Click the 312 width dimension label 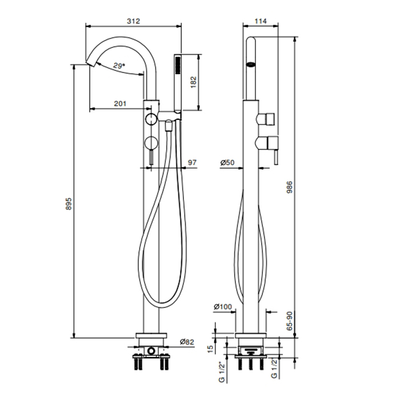pyautogui.click(x=133, y=21)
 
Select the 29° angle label pyautogui.click(x=119, y=66)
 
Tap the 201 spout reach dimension pyautogui.click(x=120, y=103)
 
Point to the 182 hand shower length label pyautogui.click(x=194, y=82)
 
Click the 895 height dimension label pyautogui.click(x=69, y=203)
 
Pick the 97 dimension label pyautogui.click(x=192, y=162)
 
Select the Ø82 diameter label pyautogui.click(x=187, y=342)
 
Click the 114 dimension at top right pyautogui.click(x=261, y=21)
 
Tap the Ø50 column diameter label pyautogui.click(x=227, y=162)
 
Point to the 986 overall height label pyautogui.click(x=290, y=187)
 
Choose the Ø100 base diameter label pyautogui.click(x=223, y=306)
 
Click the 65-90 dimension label pyautogui.click(x=290, y=321)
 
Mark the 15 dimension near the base pyautogui.click(x=210, y=349)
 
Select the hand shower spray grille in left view pyautogui.click(x=178, y=66)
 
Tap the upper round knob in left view pyautogui.click(x=151, y=119)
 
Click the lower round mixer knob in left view pyautogui.click(x=151, y=143)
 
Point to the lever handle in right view pyautogui.click(x=276, y=157)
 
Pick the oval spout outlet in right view pyautogui.click(x=251, y=65)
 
